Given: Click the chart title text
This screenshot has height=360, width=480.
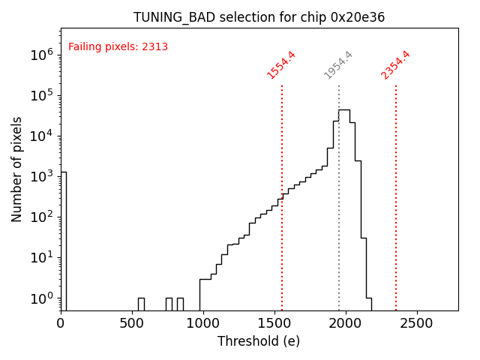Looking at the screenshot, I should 259,17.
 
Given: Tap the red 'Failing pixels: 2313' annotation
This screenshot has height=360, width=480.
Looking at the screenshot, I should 118,47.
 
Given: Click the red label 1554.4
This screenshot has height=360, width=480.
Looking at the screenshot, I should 281,65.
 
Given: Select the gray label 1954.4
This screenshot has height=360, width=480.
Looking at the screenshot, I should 338,65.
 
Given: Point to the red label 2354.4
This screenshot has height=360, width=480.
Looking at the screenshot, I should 395,65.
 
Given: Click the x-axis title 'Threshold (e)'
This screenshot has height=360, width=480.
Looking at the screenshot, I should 259,341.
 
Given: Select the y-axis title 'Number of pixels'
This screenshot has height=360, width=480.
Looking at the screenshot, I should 17,169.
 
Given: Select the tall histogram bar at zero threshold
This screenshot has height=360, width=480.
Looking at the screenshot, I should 64,240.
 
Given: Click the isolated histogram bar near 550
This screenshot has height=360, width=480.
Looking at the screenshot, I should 141,304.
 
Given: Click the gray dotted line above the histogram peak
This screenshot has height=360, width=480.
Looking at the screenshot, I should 339,97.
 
